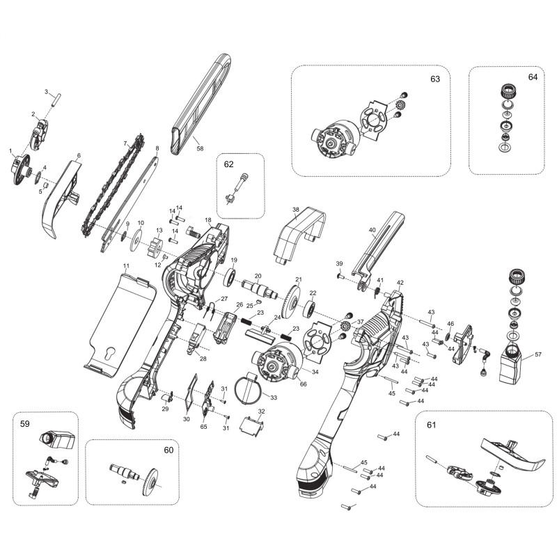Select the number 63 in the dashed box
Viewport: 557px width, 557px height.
tap(435, 79)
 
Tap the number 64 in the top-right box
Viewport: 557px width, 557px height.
tap(533, 78)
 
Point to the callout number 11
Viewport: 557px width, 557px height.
tap(126, 267)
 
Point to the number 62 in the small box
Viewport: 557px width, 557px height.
tap(229, 165)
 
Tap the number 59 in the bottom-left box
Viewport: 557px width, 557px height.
tap(24, 423)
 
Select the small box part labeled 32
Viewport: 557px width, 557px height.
tap(251, 423)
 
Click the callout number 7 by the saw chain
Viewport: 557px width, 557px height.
tap(126, 144)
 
